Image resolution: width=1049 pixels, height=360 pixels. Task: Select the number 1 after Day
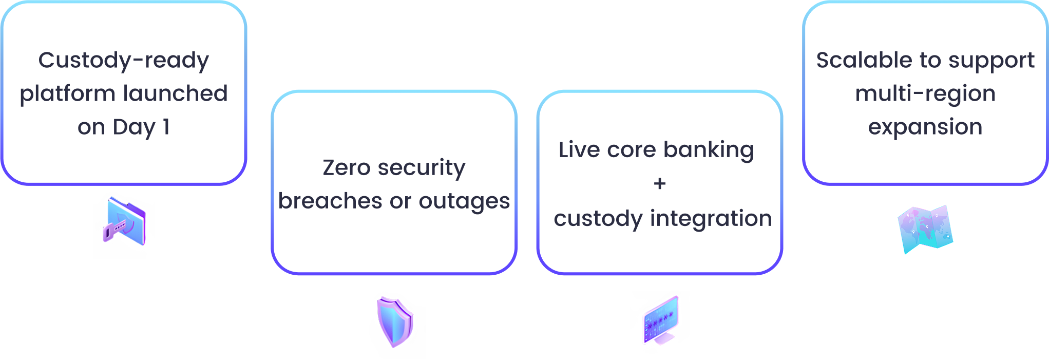[166, 127]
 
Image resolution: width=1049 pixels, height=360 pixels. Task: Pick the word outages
[464, 202]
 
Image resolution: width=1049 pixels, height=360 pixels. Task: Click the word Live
[579, 150]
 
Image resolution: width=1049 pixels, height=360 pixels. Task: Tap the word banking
[709, 150]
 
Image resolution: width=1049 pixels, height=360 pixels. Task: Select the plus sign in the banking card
[660, 183]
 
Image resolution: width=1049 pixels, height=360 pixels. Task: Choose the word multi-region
[925, 94]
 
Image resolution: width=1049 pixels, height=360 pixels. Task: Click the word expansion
[925, 127]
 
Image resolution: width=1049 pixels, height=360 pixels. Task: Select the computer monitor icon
[661, 320]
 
